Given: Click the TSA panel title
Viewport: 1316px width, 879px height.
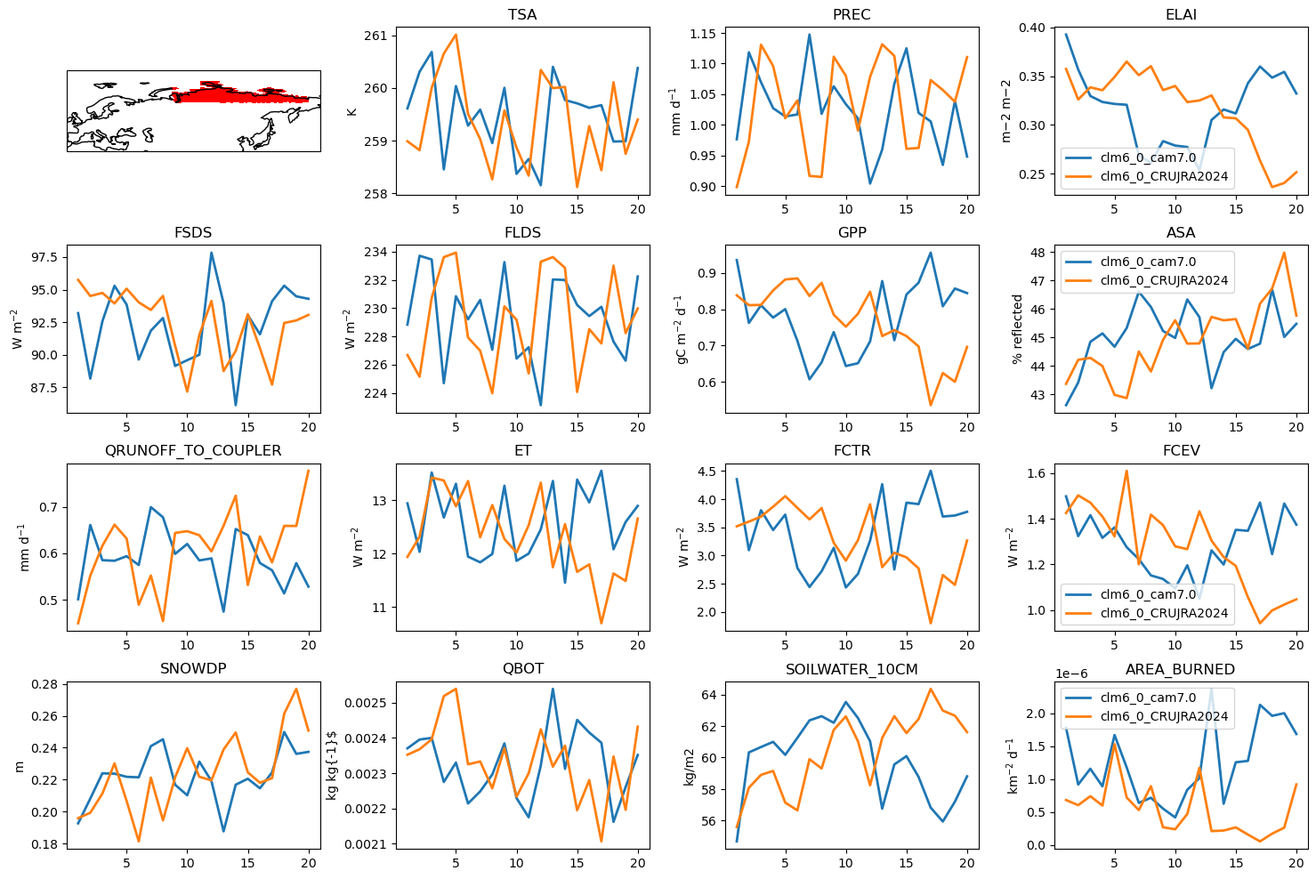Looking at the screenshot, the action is [522, 14].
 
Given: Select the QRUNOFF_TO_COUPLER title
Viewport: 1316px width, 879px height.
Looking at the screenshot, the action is [193, 451].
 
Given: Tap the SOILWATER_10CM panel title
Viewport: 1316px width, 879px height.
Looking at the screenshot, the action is [852, 669].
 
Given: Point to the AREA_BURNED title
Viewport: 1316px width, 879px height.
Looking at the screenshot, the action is [1180, 669].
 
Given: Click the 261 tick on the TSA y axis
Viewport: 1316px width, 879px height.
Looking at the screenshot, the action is [376, 36].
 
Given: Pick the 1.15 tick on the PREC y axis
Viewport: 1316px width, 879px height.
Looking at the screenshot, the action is [704, 34].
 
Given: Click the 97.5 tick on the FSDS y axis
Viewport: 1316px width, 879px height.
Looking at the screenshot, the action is [44, 257].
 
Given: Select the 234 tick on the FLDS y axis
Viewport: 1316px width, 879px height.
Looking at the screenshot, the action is [376, 252].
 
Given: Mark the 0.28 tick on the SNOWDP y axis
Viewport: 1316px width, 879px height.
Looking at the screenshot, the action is [44, 684].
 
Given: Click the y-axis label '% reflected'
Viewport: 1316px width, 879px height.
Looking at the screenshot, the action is [1017, 329].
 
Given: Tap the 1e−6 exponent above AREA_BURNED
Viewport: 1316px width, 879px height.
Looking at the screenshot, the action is [1071, 674].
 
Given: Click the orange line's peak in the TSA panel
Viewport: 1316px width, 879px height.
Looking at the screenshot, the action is [456, 35].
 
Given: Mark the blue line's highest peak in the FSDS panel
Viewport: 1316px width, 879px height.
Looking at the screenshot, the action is [211, 253].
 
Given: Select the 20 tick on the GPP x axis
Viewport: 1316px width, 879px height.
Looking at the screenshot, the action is [966, 427].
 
